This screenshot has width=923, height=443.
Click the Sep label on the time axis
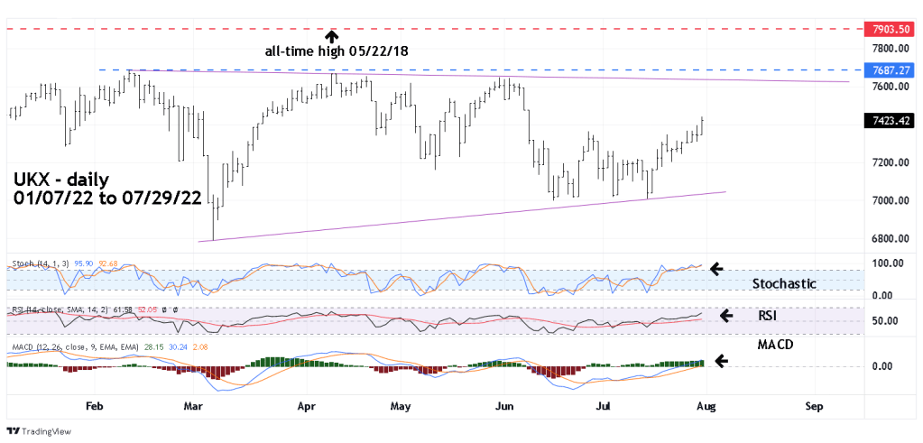(x=814, y=406)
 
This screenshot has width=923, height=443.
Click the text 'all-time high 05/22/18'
(x=337, y=51)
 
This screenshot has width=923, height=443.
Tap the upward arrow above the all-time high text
(x=332, y=36)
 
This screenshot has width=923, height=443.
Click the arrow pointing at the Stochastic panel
(x=718, y=268)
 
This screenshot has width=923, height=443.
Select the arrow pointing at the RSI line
(x=726, y=315)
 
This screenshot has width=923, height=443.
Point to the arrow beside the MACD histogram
(x=722, y=361)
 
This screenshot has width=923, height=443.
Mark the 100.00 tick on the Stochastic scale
(x=883, y=263)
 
